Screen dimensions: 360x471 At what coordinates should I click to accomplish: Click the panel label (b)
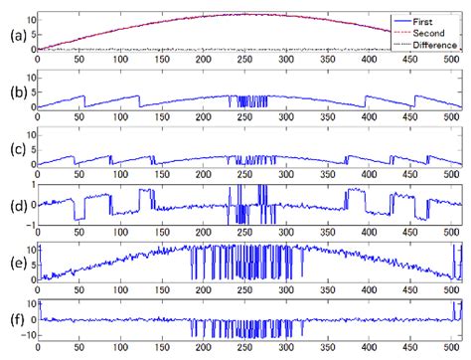click(13, 93)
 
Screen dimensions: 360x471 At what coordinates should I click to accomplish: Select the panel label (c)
click(13, 150)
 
